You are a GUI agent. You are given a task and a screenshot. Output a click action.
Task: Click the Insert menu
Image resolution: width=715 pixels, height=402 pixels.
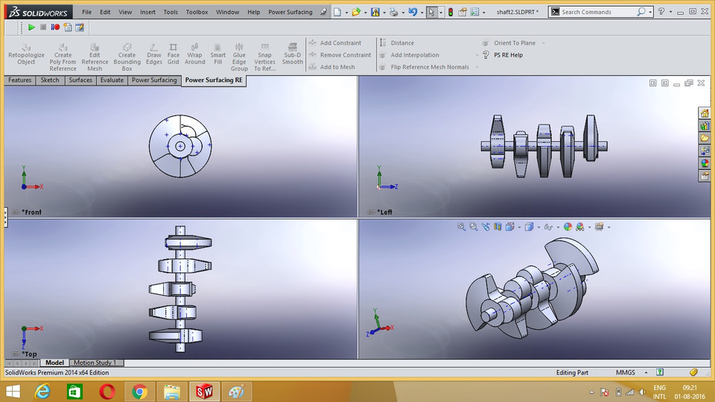coord(147,12)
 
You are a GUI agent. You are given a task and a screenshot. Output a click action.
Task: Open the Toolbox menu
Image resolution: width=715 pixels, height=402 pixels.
coord(197,12)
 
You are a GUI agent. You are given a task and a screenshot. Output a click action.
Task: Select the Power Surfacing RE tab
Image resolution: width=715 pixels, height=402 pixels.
coord(214,80)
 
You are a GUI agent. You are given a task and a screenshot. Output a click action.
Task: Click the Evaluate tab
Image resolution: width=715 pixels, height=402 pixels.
coord(112,80)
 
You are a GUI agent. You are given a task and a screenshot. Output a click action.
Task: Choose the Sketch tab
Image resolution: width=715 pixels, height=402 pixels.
coord(50,80)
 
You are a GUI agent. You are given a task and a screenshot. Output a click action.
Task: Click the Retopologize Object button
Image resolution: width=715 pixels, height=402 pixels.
coord(26,54)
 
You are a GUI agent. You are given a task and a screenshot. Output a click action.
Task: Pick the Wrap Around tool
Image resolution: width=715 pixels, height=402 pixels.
coord(194,54)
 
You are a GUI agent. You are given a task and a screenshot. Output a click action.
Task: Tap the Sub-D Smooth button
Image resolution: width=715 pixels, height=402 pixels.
coord(293,54)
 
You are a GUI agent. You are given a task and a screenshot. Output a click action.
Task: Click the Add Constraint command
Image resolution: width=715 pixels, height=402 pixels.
coord(340,43)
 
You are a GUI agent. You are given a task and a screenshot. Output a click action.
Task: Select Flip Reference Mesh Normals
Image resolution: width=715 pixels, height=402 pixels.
coord(429,67)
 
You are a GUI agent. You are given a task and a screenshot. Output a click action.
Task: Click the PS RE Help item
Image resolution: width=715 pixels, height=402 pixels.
coord(508,55)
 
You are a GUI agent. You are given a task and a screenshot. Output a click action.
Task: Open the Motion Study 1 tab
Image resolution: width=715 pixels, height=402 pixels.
coord(94,363)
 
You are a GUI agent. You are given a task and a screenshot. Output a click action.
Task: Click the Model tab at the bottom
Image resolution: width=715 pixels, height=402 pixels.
coord(54,363)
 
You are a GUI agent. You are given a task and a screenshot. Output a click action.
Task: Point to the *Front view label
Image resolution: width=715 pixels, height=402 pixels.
coord(31,212)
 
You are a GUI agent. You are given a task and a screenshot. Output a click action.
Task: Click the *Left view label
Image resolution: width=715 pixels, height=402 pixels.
coord(384,212)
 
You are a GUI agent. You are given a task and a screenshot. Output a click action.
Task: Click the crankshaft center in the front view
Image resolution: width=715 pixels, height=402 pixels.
coord(180,146)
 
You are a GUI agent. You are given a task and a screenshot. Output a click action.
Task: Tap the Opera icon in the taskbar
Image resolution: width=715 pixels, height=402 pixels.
coord(107,391)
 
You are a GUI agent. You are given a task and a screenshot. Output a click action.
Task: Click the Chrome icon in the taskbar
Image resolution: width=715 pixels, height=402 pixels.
coord(139,391)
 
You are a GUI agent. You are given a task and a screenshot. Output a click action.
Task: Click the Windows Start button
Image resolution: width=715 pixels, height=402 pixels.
coord(12,391)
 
